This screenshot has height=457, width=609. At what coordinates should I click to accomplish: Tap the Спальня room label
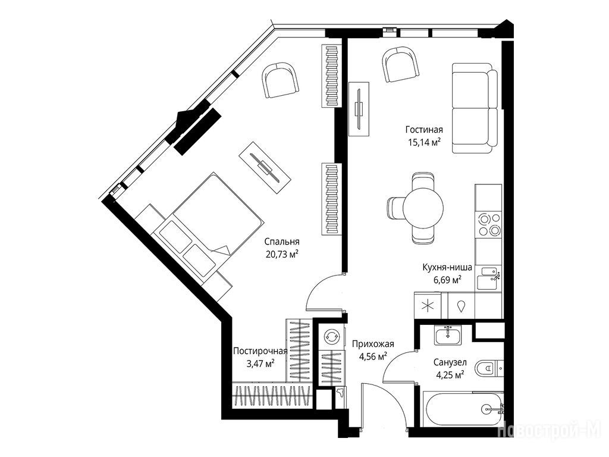tap(281, 242)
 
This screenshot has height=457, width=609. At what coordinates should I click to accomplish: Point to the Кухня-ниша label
tap(447, 267)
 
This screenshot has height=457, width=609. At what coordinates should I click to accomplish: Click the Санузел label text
tap(450, 362)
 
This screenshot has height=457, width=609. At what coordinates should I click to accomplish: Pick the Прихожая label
tap(373, 344)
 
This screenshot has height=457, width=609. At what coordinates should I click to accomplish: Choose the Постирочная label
tap(260, 351)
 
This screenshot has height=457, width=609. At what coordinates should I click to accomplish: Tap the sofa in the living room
tap(475, 108)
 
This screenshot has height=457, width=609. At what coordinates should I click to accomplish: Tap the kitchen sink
tap(489, 278)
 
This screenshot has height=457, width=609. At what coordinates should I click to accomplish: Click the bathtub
tap(463, 409)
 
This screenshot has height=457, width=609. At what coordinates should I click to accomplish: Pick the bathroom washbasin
tap(448, 336)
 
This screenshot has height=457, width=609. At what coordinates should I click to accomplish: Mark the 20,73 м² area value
tap(281, 254)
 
